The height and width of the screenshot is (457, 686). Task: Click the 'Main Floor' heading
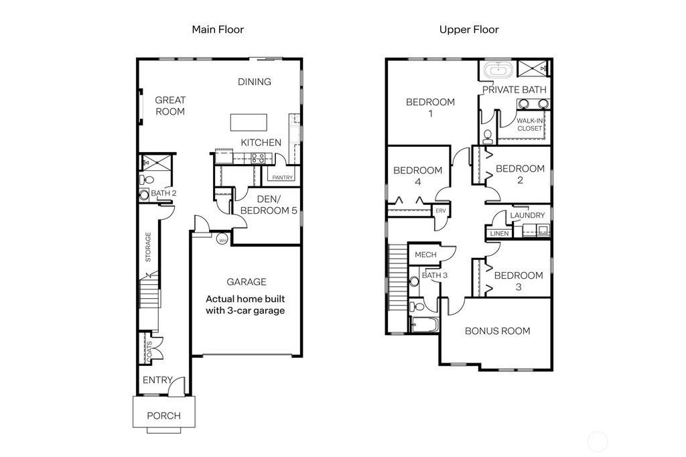[218, 29]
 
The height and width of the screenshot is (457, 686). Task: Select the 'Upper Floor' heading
[468, 29]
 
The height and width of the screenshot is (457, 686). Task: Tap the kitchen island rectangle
[248, 122]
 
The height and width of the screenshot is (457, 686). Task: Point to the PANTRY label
[281, 177]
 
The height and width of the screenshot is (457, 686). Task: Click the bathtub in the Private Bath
[499, 69]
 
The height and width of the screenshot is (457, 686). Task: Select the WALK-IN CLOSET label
[529, 125]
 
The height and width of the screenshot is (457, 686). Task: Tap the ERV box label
[440, 210]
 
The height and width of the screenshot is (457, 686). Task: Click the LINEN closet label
[499, 233]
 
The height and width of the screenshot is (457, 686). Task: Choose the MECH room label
[425, 255]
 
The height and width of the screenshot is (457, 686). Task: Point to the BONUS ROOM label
[497, 331]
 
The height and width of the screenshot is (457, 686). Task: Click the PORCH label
[164, 415]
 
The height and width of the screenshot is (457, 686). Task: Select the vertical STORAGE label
[148, 247]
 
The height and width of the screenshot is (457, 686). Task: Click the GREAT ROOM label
[170, 106]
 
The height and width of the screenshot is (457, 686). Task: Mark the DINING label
[255, 82]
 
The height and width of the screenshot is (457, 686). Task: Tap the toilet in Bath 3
[417, 307]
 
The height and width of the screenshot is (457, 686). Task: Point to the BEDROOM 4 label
[417, 176]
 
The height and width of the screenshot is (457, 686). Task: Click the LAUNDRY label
[527, 215]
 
